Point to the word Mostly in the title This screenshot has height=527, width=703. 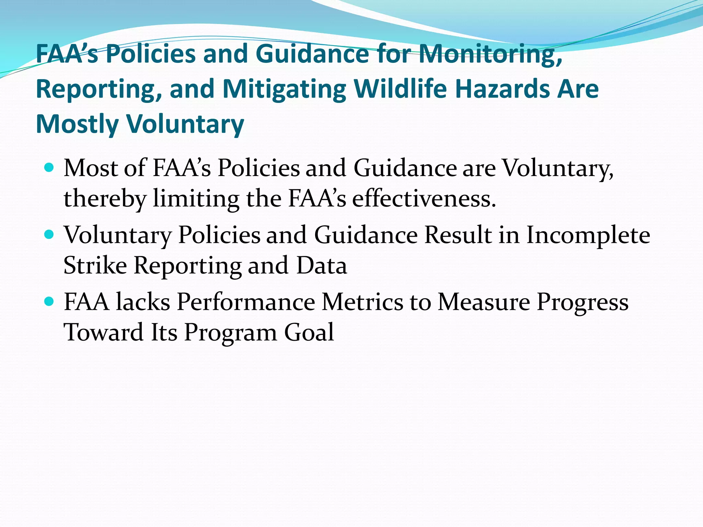tap(77, 124)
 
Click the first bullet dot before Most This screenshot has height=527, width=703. tap(49, 168)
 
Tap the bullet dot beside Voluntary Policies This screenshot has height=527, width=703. tap(49, 235)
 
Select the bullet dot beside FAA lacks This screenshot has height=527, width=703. tap(49, 302)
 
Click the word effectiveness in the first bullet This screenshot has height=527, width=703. tap(424, 199)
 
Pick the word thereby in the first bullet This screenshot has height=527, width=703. tap(105, 199)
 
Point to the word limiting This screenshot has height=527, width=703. tap(196, 199)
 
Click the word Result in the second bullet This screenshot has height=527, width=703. tap(458, 235)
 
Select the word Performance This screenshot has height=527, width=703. tap(246, 302)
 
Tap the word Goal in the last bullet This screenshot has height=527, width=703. tap(309, 332)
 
